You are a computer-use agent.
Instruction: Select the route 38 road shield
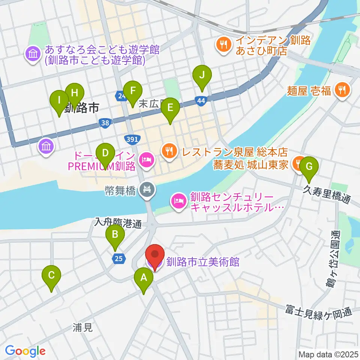click(x=105, y=122)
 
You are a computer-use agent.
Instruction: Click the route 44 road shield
click(x=201, y=100)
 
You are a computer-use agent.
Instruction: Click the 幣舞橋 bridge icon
click(x=145, y=189)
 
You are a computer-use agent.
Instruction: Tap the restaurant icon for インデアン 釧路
click(x=224, y=45)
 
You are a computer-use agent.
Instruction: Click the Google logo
click(x=25, y=351)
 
